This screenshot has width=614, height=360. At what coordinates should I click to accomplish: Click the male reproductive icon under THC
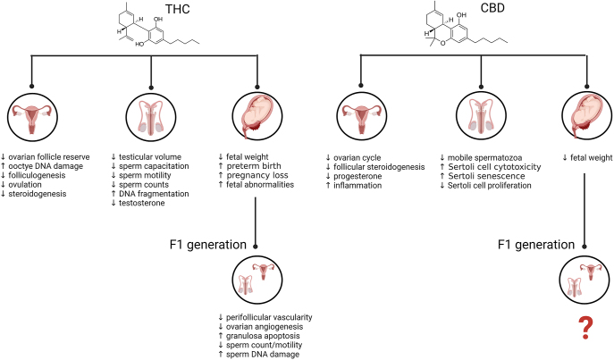[x=149, y=117]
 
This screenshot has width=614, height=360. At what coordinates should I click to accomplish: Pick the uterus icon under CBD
[x=363, y=117]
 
